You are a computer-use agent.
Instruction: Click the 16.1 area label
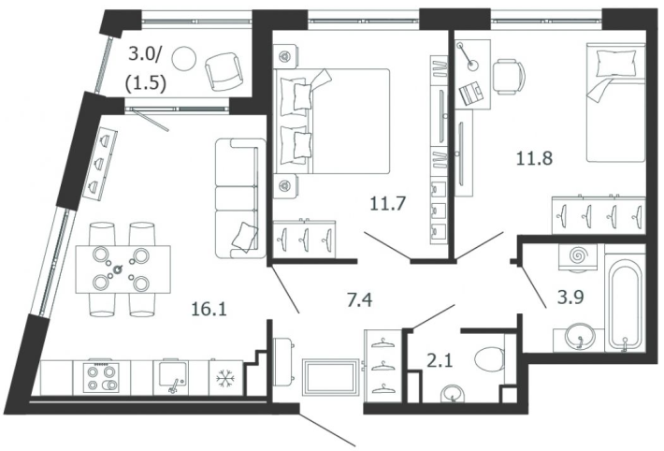209,309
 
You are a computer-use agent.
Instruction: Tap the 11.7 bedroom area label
388,204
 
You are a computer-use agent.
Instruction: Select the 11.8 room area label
534,158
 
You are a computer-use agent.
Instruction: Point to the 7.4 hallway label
359,300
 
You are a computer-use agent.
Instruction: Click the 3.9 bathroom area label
570,297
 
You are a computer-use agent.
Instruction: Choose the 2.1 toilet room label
440,361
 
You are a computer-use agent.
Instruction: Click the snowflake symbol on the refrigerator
224,378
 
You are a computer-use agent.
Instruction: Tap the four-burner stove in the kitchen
102,377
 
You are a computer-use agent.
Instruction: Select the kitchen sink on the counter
172,376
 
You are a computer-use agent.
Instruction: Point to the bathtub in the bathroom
624,303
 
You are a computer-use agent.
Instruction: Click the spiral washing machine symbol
579,256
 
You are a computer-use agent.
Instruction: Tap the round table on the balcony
184,58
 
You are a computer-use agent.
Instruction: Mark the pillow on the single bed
615,63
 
